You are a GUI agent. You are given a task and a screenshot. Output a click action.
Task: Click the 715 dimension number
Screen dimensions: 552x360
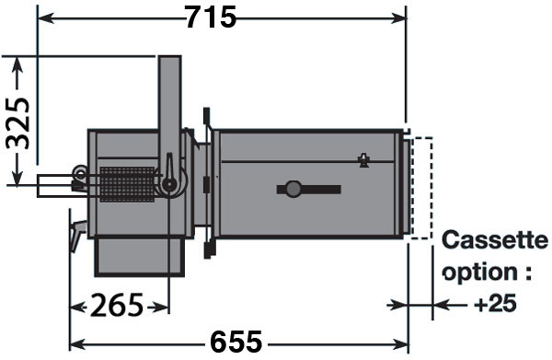(211, 17)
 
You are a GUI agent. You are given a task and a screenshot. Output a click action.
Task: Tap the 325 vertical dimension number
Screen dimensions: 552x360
(18, 123)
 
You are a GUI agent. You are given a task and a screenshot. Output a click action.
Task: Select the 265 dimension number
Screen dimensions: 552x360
(117, 305)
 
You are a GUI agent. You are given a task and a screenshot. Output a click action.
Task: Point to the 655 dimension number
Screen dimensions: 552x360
(236, 342)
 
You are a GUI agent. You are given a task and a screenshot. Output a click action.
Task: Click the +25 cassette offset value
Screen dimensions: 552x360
(495, 304)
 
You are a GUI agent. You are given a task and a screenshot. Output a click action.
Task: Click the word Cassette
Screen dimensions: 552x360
(495, 240)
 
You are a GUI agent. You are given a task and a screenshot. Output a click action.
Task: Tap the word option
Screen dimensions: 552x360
(478, 273)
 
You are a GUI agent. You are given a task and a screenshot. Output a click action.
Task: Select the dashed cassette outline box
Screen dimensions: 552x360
(422, 189)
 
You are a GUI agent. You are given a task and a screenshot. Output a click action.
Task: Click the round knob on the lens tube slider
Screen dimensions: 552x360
(293, 189)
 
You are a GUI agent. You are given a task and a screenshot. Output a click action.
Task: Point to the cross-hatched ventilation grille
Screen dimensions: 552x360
(128, 184)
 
